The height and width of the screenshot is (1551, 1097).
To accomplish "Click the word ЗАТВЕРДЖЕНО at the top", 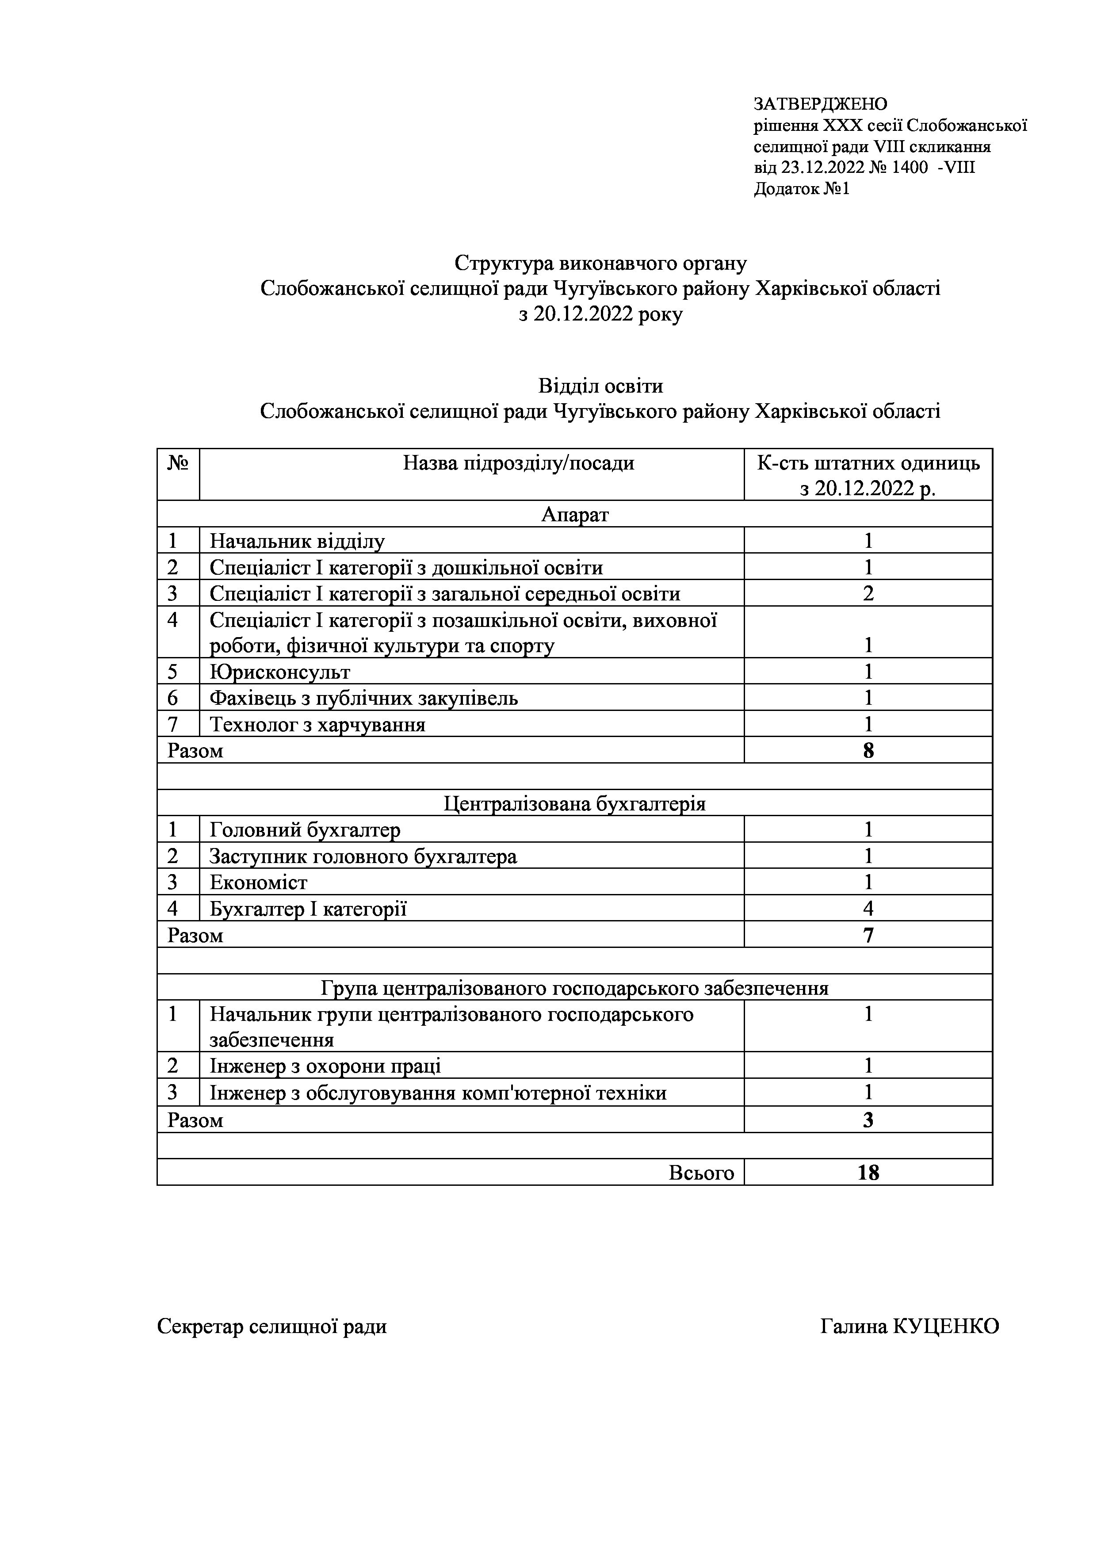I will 820,104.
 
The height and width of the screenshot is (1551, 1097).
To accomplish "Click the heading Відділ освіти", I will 600,386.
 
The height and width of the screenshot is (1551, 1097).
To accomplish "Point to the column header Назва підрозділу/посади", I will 518,463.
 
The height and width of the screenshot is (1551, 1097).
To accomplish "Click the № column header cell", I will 178,463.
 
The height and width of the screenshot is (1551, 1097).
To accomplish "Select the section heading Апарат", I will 575,515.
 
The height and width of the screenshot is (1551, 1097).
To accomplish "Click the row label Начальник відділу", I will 297,541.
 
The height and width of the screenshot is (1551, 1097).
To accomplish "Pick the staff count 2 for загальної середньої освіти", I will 868,594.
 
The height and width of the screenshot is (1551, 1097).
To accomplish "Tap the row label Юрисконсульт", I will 279,672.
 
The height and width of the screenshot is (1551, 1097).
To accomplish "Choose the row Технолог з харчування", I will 317,725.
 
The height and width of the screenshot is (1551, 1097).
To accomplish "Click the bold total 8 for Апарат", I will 868,750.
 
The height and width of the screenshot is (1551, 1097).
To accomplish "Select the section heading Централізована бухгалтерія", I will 575,804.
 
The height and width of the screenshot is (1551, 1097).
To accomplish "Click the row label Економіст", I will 259,883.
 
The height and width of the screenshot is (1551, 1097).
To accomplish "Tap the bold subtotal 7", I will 868,936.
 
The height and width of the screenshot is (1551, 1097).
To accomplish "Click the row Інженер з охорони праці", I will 325,1067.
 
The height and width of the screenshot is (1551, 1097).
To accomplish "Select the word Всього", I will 701,1173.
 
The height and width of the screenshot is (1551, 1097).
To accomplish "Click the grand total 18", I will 868,1173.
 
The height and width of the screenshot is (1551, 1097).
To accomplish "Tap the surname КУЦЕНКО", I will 946,1327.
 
